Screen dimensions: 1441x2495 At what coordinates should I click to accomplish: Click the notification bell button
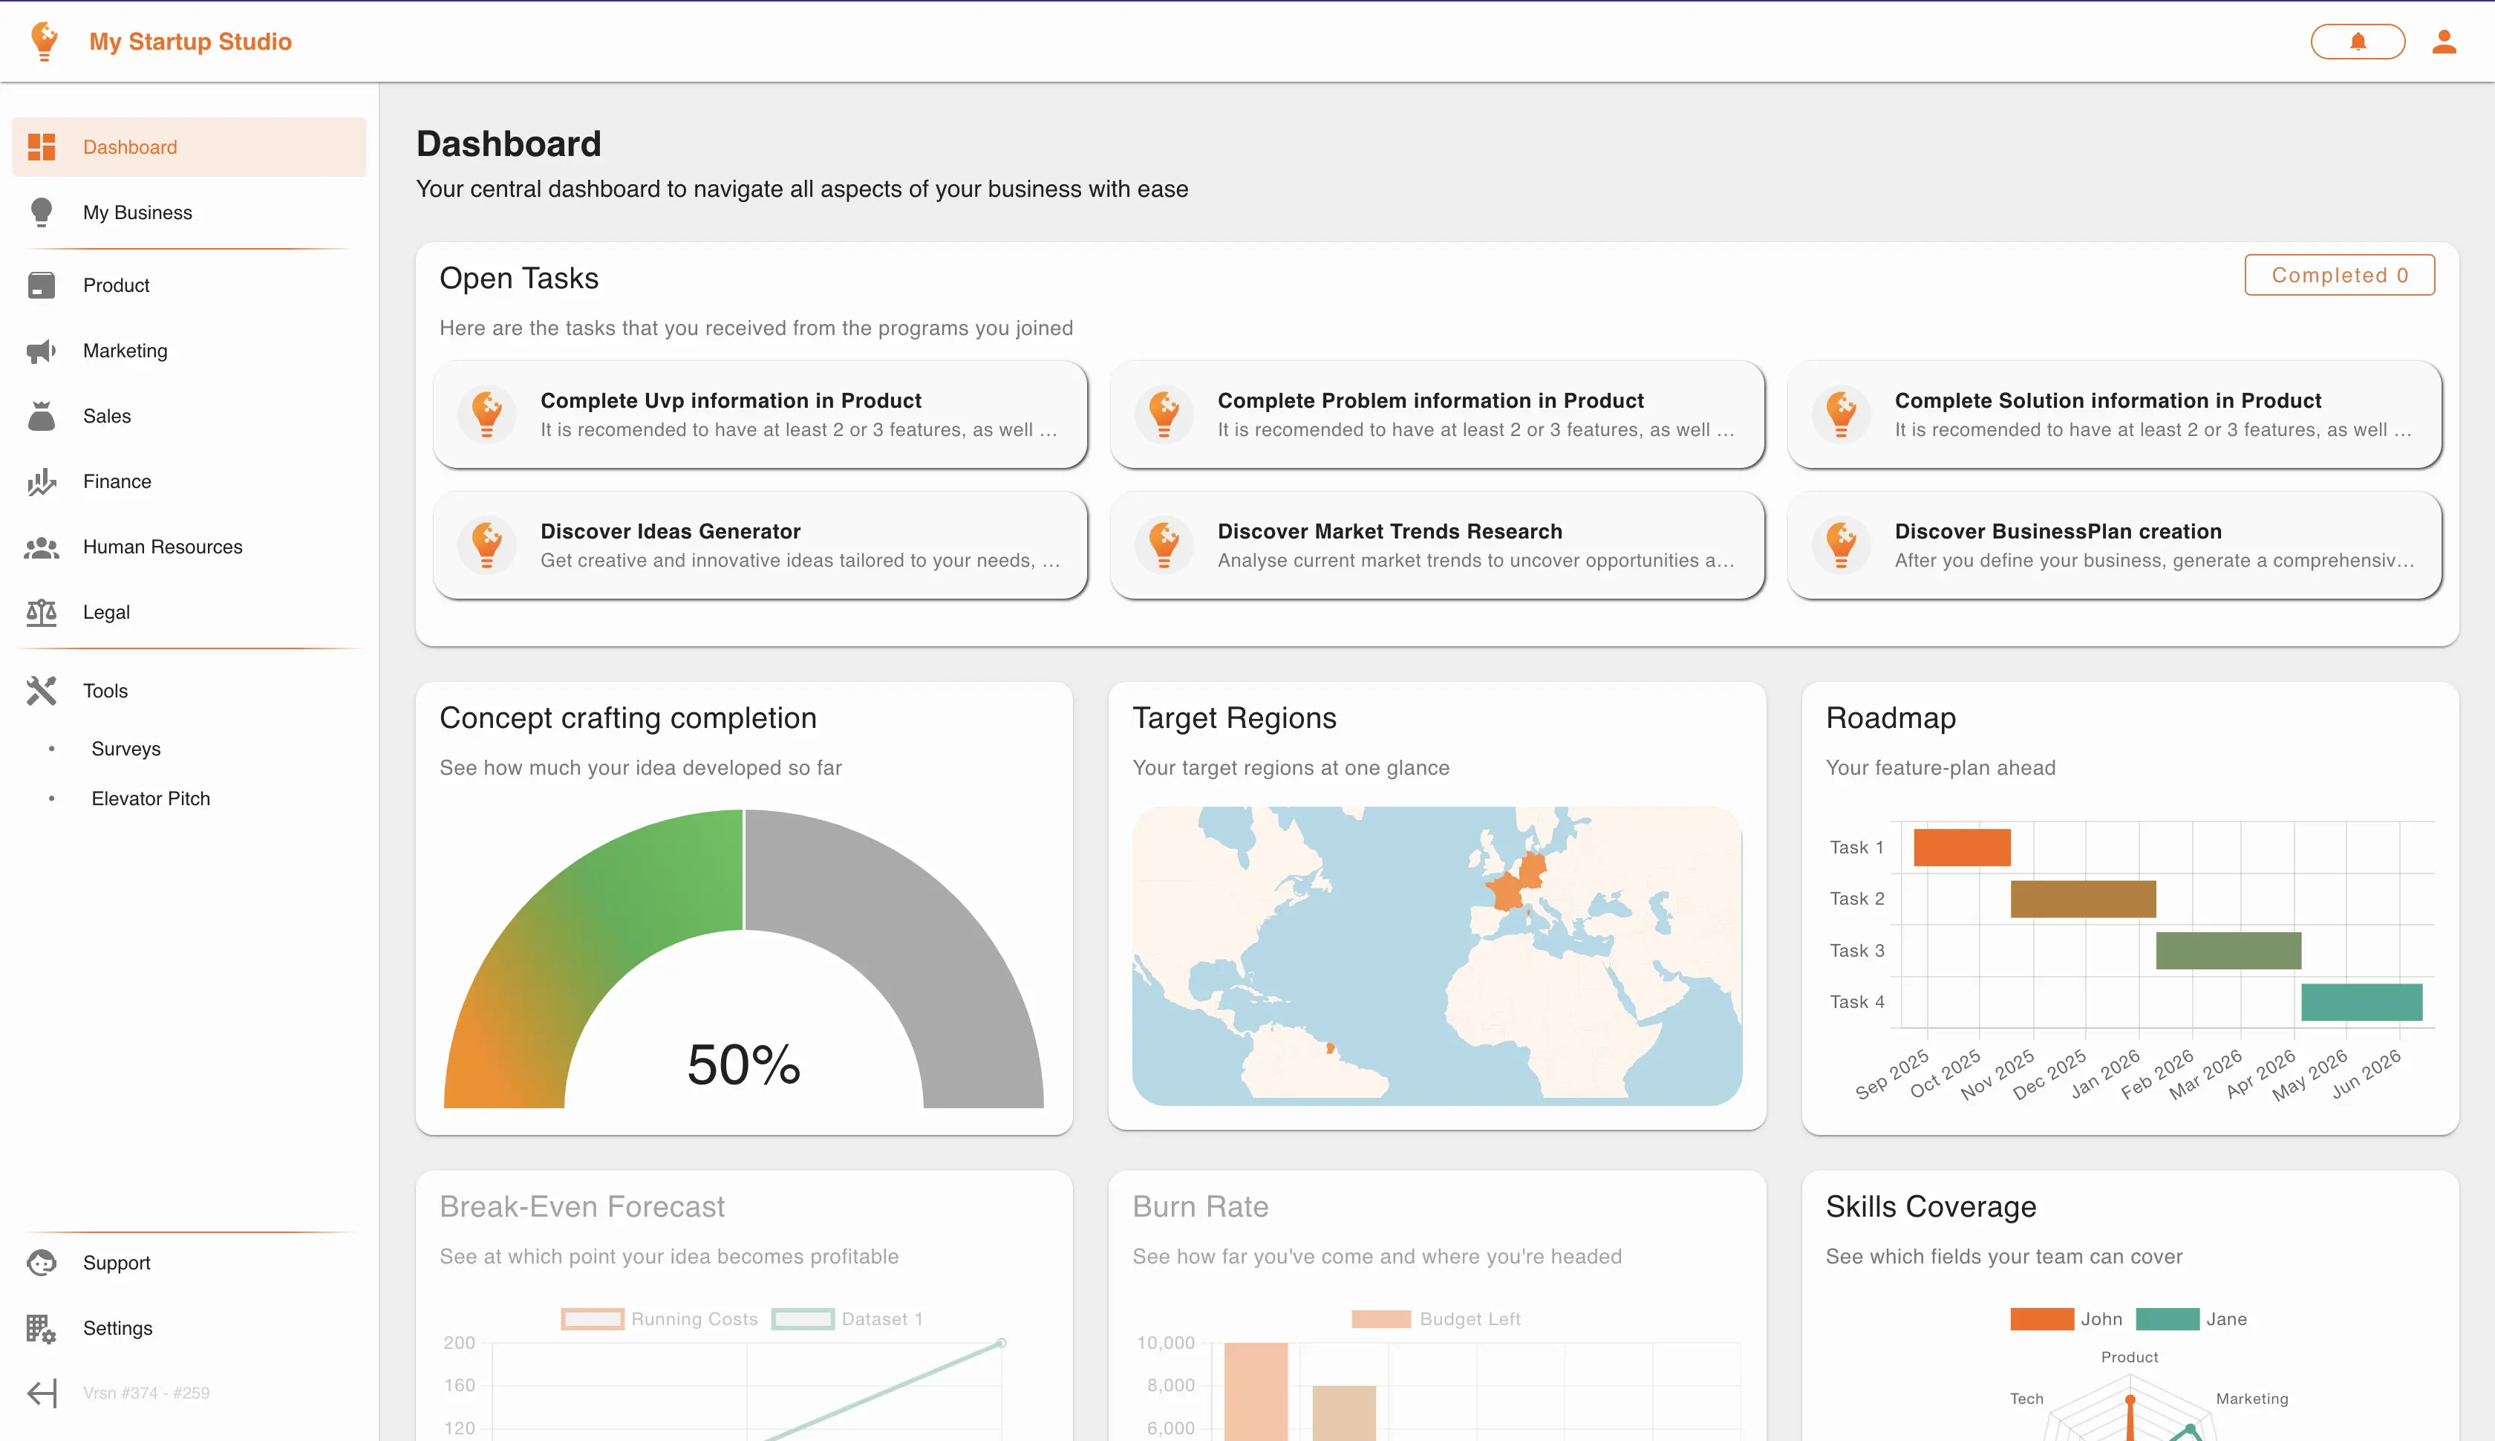pyautogui.click(x=2358, y=42)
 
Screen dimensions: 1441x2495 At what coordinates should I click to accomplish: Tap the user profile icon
pyautogui.click(x=2444, y=42)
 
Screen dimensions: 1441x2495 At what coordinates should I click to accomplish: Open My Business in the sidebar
pyautogui.click(x=137, y=212)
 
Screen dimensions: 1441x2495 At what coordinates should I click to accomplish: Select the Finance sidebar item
pyautogui.click(x=117, y=482)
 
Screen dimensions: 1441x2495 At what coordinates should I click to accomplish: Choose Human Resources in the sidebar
pyautogui.click(x=162, y=547)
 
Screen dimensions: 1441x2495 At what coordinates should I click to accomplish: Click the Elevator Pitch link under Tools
pyautogui.click(x=151, y=798)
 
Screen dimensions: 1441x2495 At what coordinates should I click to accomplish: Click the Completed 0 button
pyautogui.click(x=2339, y=275)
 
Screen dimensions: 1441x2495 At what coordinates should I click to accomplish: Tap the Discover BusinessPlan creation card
pyautogui.click(x=2114, y=545)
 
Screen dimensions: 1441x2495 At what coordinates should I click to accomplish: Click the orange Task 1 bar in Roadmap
pyautogui.click(x=1961, y=848)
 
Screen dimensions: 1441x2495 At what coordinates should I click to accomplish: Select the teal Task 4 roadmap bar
pyautogui.click(x=2361, y=1001)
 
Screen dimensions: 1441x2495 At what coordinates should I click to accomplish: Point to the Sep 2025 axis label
pyautogui.click(x=1891, y=1074)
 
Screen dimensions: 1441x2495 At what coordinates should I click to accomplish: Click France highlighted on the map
pyautogui.click(x=1506, y=890)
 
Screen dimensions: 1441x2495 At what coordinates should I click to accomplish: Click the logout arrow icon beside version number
pyautogui.click(x=42, y=1393)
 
